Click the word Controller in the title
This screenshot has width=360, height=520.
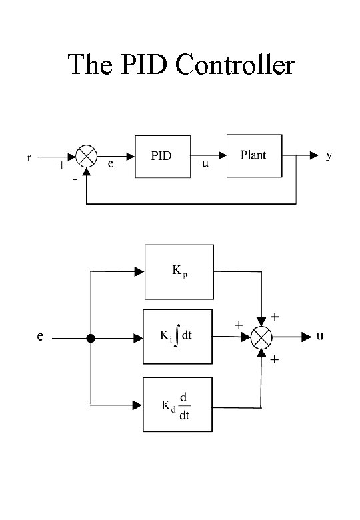235,65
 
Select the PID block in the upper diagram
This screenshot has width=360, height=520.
162,157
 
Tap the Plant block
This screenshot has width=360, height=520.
253,155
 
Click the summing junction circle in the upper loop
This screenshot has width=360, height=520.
85,157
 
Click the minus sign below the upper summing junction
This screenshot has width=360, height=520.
75,179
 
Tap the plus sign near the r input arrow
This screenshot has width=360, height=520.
61,165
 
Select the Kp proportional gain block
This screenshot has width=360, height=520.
179,271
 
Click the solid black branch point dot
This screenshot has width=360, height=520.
91,338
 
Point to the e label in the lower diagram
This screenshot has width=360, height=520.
41,337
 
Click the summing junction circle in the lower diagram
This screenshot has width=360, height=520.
261,338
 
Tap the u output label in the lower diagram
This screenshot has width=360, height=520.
321,336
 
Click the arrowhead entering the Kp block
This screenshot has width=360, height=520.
139,271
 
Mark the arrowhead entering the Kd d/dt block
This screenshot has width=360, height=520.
139,405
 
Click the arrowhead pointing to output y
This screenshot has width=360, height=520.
313,156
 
